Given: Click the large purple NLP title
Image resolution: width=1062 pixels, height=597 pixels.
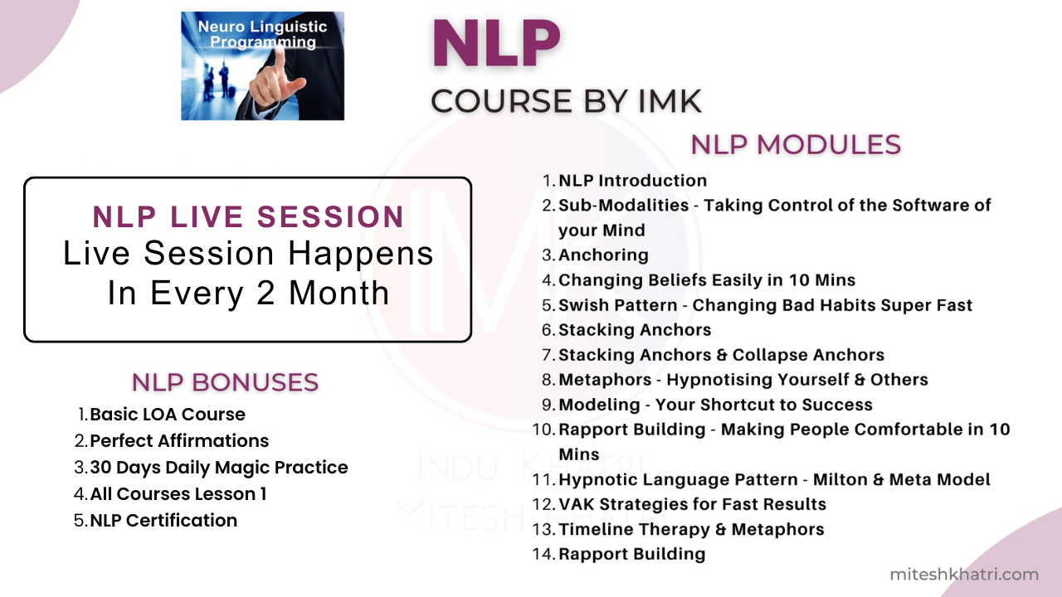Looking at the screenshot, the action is tap(496, 44).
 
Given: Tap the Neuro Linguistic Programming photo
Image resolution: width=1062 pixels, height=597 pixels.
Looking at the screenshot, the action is tap(263, 66).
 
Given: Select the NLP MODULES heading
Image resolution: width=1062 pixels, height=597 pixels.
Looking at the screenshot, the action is tap(796, 144).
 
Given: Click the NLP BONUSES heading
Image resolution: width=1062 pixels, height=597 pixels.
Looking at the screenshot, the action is tap(225, 382).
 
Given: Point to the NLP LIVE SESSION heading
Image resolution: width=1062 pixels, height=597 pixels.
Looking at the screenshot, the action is tap(248, 217).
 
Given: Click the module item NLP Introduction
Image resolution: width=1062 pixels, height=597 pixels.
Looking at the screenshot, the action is tap(632, 181).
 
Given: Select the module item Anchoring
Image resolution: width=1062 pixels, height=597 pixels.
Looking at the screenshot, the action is tap(603, 255).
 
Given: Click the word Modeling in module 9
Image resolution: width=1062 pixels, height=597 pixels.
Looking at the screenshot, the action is tap(599, 405).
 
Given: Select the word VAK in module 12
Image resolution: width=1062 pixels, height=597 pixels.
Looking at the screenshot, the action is tap(576, 504).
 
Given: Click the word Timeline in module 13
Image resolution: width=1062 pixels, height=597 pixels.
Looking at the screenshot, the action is tap(594, 529).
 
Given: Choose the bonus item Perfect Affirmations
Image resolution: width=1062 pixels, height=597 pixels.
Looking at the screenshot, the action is tap(179, 440).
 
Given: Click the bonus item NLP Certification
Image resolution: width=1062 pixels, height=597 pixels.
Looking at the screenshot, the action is tap(163, 520).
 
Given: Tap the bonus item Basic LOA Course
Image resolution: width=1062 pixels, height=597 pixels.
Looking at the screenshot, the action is tap(168, 414).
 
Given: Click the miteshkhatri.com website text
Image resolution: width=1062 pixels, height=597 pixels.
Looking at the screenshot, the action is tap(964, 575).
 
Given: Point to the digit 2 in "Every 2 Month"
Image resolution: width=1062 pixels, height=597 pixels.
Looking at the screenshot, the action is tap(265, 293).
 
